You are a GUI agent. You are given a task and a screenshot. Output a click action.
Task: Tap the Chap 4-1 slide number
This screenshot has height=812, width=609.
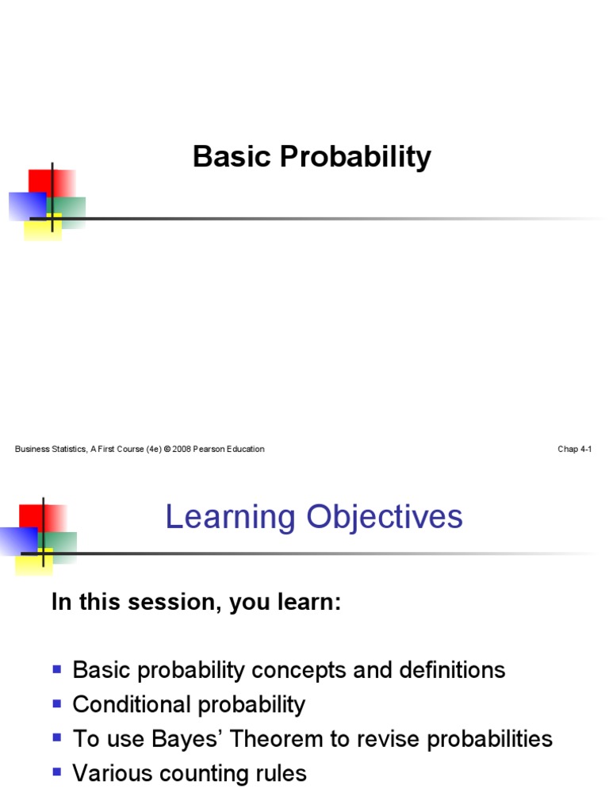575,449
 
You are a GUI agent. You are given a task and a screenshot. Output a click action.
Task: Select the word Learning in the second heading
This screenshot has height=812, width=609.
218,518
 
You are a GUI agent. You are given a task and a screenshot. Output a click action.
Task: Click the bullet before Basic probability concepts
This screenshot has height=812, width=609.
57,670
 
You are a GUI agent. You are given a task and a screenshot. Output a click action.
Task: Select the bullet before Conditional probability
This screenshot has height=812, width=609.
57,704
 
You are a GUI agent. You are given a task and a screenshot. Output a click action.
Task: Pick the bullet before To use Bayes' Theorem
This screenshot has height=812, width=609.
57,738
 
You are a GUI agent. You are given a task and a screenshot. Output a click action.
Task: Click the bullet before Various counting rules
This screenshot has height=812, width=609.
57,772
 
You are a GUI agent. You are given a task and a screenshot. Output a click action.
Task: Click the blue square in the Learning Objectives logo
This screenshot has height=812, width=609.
16,540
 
